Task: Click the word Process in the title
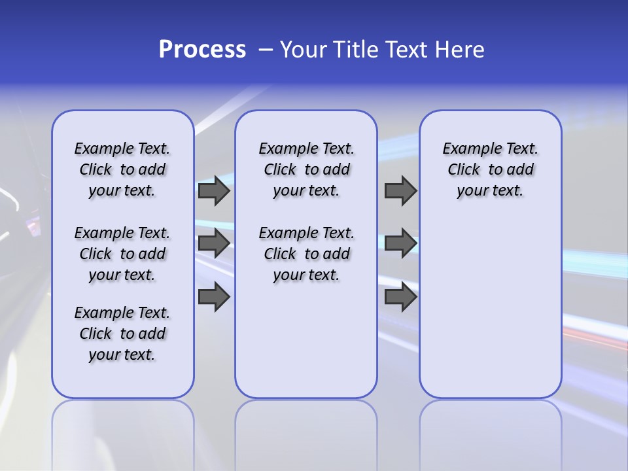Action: tap(202, 50)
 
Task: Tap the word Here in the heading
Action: tap(461, 50)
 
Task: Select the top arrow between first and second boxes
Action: tap(214, 190)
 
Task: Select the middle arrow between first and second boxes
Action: tap(214, 243)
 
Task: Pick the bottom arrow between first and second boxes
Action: tap(214, 298)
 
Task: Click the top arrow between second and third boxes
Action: tap(400, 190)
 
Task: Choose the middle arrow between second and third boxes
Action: tap(400, 243)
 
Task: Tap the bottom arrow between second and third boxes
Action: tap(400, 298)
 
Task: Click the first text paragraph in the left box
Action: tap(122, 169)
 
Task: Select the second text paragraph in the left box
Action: tap(122, 254)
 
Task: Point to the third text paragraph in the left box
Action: tap(122, 334)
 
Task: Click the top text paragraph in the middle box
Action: tap(306, 169)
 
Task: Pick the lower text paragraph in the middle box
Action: tap(306, 254)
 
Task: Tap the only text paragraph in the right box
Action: tap(490, 169)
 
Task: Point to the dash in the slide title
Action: tap(266, 50)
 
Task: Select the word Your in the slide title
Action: tap(304, 50)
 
